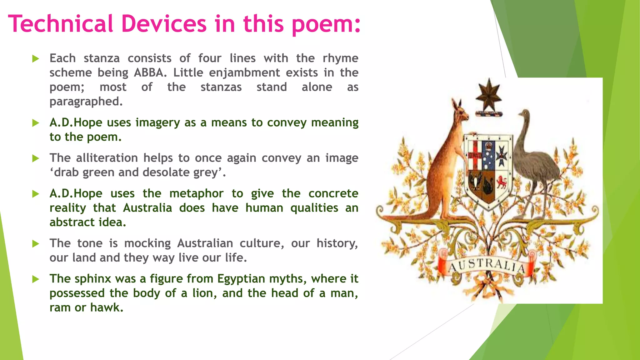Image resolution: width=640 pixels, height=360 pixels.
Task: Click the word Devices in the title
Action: (x=164, y=24)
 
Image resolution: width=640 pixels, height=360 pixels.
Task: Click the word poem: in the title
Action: (x=326, y=24)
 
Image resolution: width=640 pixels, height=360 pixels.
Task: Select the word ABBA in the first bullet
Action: (x=148, y=72)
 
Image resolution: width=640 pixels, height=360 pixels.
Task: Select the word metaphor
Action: (x=196, y=194)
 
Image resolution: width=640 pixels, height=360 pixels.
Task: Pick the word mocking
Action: (x=147, y=243)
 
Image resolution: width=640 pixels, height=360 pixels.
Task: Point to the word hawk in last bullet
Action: (x=106, y=307)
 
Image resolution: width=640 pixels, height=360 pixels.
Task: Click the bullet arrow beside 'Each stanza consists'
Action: (x=36, y=59)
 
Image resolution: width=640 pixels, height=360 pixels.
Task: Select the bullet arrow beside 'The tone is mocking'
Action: (x=36, y=244)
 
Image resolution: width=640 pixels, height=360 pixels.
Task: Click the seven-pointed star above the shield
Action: (x=488, y=95)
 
